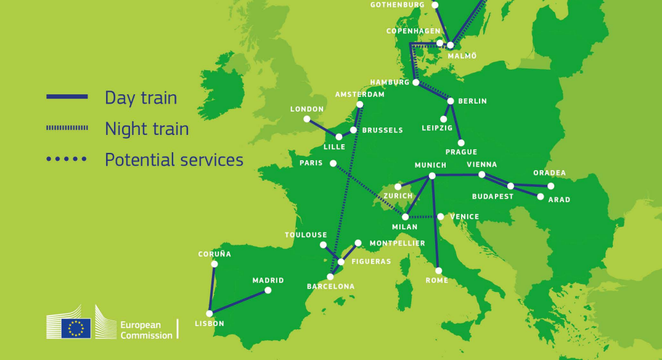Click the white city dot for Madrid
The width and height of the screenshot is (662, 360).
(x=268, y=290)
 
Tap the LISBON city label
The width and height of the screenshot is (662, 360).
(x=210, y=324)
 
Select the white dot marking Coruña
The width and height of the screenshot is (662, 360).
(x=215, y=264)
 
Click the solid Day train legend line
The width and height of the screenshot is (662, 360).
(x=67, y=97)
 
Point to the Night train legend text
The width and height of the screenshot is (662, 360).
(x=147, y=129)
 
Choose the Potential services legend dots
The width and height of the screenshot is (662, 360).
(x=67, y=159)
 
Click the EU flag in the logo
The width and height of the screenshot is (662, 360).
(x=76, y=328)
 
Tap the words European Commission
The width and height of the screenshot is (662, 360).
(x=146, y=330)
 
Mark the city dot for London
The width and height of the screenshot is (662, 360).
(x=307, y=119)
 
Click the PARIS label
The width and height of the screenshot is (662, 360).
(x=311, y=163)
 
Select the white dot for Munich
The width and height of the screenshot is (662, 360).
(x=432, y=176)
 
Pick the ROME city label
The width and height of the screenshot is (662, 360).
(x=436, y=280)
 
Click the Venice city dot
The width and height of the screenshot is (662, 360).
(x=440, y=216)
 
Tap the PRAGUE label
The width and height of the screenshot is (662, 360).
(x=461, y=152)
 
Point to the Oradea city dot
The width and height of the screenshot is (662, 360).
(x=551, y=186)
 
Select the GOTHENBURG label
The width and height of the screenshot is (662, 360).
(x=398, y=5)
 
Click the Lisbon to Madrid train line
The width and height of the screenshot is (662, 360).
(x=239, y=302)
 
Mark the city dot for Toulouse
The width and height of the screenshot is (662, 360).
(x=323, y=245)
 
